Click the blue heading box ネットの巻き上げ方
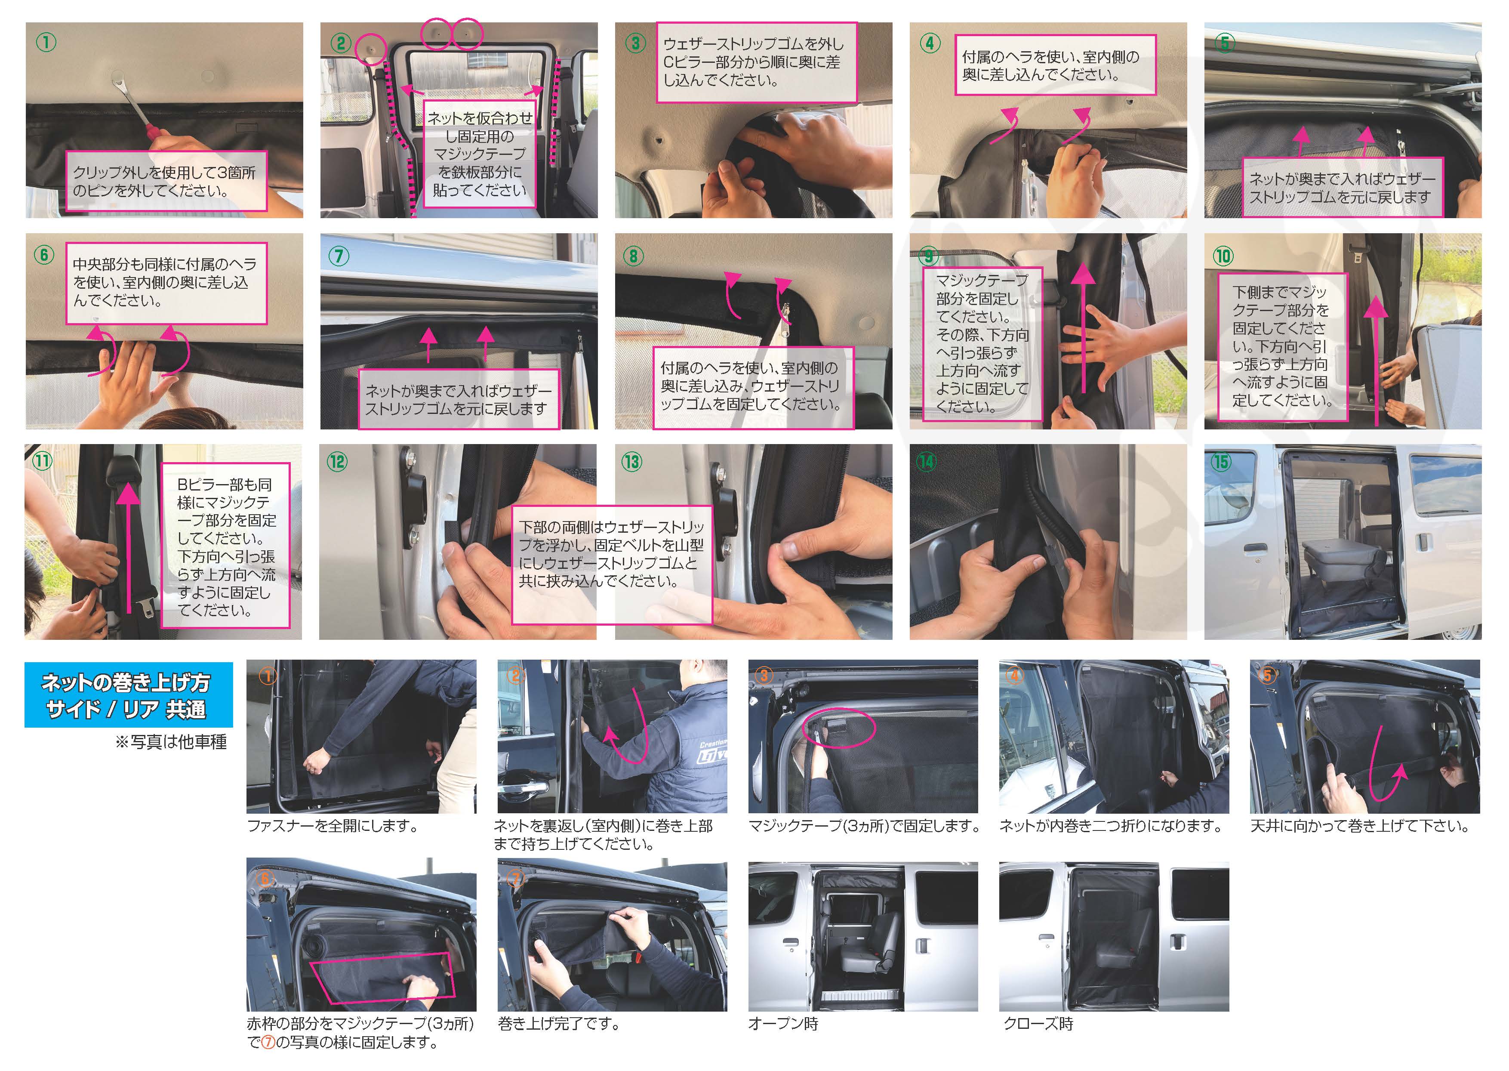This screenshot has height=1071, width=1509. [129, 694]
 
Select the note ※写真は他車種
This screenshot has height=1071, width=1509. [171, 742]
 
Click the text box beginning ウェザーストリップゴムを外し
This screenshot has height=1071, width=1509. [756, 63]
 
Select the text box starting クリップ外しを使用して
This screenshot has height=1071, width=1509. [166, 181]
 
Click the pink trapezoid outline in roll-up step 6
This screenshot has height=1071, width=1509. [382, 976]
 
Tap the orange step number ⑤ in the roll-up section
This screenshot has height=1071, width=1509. [1266, 675]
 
